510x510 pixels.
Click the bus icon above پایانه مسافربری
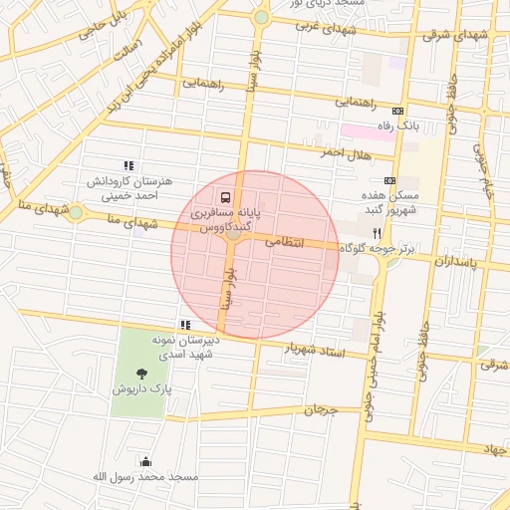[x=225, y=197]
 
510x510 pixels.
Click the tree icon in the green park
[x=140, y=373]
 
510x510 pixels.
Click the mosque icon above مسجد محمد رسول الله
[x=146, y=461]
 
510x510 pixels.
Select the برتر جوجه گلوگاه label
[x=376, y=247]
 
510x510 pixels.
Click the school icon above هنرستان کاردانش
[x=127, y=165]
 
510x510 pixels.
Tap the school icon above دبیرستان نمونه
[x=184, y=325]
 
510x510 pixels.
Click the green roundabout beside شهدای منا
[x=76, y=212]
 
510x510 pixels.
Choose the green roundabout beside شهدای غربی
[x=261, y=17]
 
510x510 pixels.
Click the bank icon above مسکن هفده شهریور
[x=388, y=180]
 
